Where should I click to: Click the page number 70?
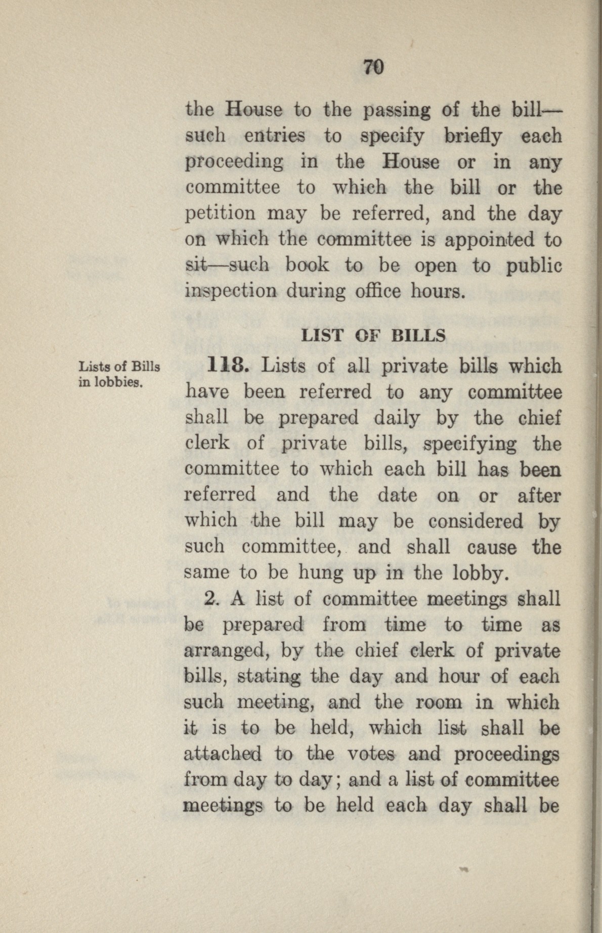pos(374,67)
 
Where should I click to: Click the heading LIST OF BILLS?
pos(373,336)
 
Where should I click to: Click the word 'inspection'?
pos(232,292)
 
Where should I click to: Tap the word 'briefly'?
pos(473,137)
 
